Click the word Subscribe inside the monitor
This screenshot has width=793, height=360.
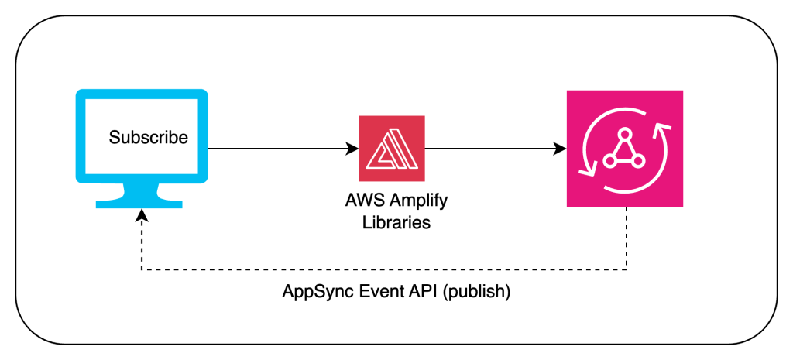click(x=148, y=139)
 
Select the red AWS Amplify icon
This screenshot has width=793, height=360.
click(x=391, y=148)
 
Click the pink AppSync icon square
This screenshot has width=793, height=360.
click(x=624, y=148)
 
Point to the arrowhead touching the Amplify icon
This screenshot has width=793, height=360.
click(x=352, y=148)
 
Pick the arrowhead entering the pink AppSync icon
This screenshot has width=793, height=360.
click(x=560, y=148)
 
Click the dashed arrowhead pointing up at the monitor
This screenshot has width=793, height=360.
click(x=140, y=214)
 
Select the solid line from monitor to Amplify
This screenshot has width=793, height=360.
click(x=279, y=148)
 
